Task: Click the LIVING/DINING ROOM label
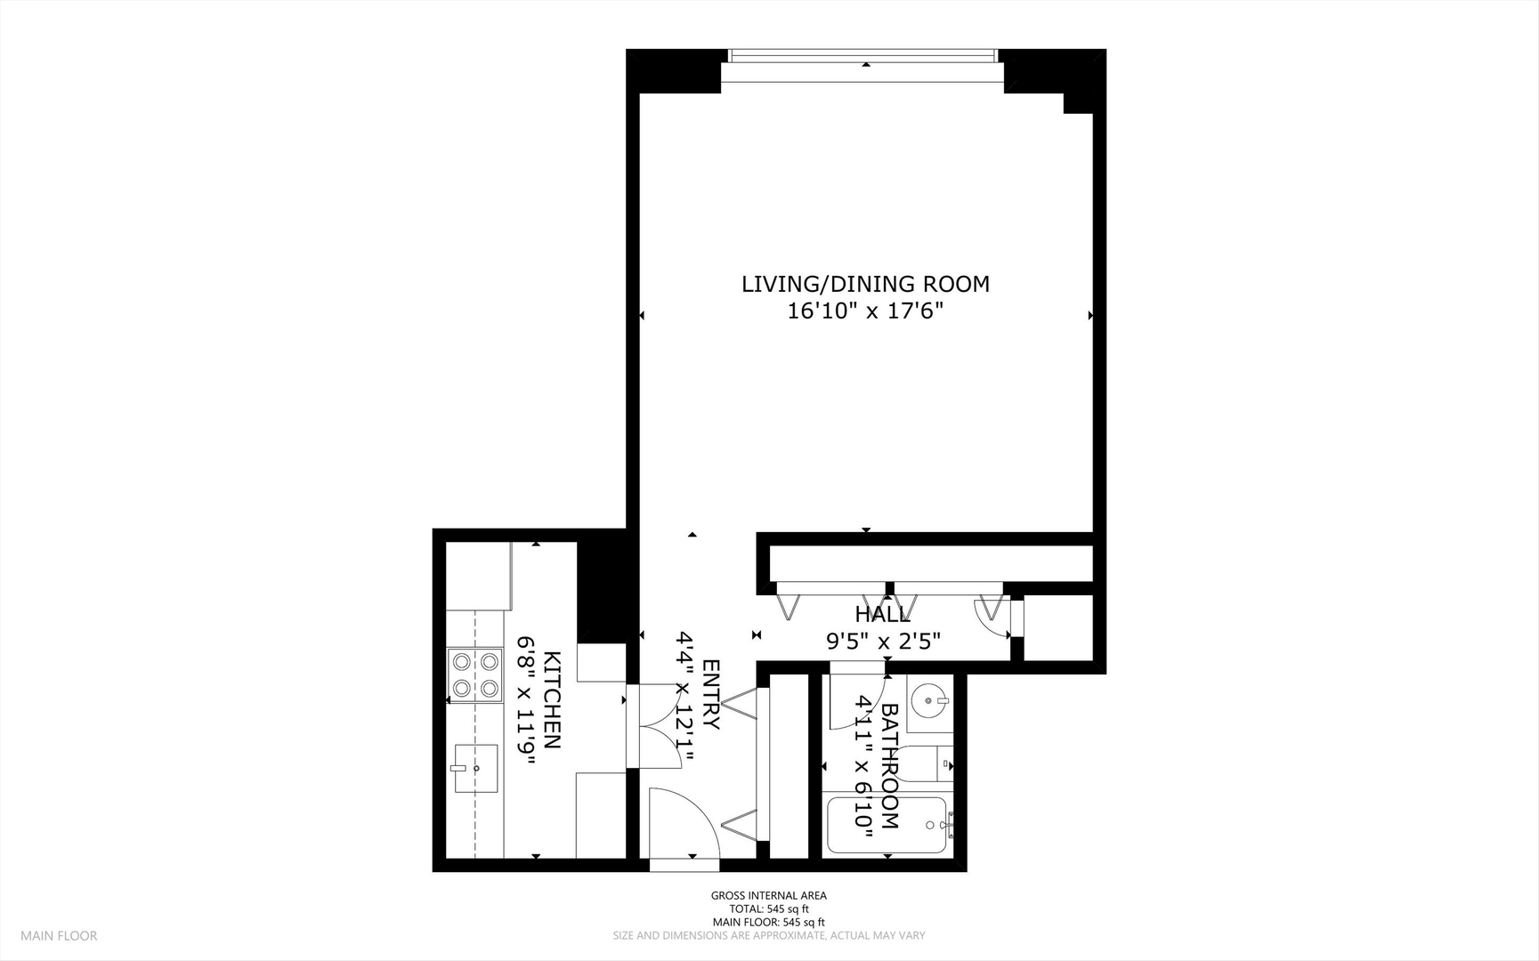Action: coord(865,284)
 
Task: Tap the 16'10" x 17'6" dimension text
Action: coord(865,311)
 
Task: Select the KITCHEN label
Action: coord(552,700)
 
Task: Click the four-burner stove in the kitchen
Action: coord(474,674)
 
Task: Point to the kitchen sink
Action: coord(475,768)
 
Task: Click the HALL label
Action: coord(882,615)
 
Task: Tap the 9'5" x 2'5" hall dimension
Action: coord(883,641)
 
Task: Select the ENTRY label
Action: coord(711,695)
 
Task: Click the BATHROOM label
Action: coord(889,766)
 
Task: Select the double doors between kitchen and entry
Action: coord(659,725)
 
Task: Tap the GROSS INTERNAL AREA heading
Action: coord(768,895)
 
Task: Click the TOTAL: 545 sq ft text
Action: coord(768,909)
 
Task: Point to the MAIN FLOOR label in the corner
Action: coord(59,935)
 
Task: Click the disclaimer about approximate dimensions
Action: coord(768,935)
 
